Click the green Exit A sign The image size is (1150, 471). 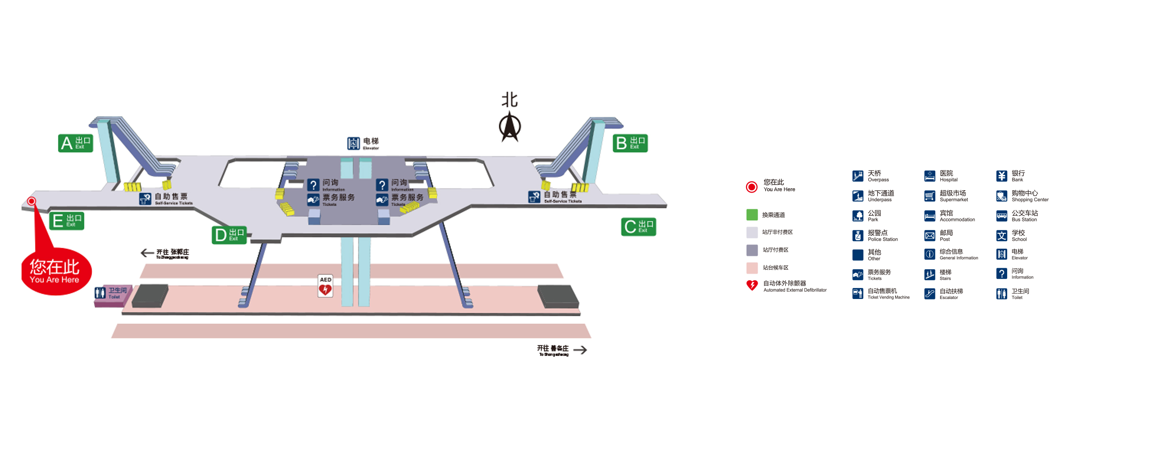[75, 143]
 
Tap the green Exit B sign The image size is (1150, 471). [630, 143]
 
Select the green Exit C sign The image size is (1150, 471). [638, 227]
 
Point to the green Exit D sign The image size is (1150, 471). [229, 235]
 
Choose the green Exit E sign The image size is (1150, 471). [67, 221]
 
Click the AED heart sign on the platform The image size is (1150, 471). [325, 286]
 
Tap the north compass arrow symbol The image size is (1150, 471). [510, 126]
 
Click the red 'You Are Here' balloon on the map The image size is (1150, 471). [56, 271]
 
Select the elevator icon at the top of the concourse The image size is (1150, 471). [353, 143]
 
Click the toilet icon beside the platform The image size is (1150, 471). [100, 293]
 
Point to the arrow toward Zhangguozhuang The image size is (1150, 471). [147, 253]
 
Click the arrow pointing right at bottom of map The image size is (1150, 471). [580, 350]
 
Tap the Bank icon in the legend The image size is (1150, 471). [1001, 176]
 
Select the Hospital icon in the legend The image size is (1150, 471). [930, 176]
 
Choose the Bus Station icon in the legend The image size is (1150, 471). [1001, 216]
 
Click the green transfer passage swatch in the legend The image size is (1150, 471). [752, 215]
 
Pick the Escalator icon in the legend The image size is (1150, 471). [930, 294]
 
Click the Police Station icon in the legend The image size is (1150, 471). [858, 236]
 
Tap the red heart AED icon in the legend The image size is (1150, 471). [752, 286]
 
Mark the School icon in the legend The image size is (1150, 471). [1001, 236]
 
